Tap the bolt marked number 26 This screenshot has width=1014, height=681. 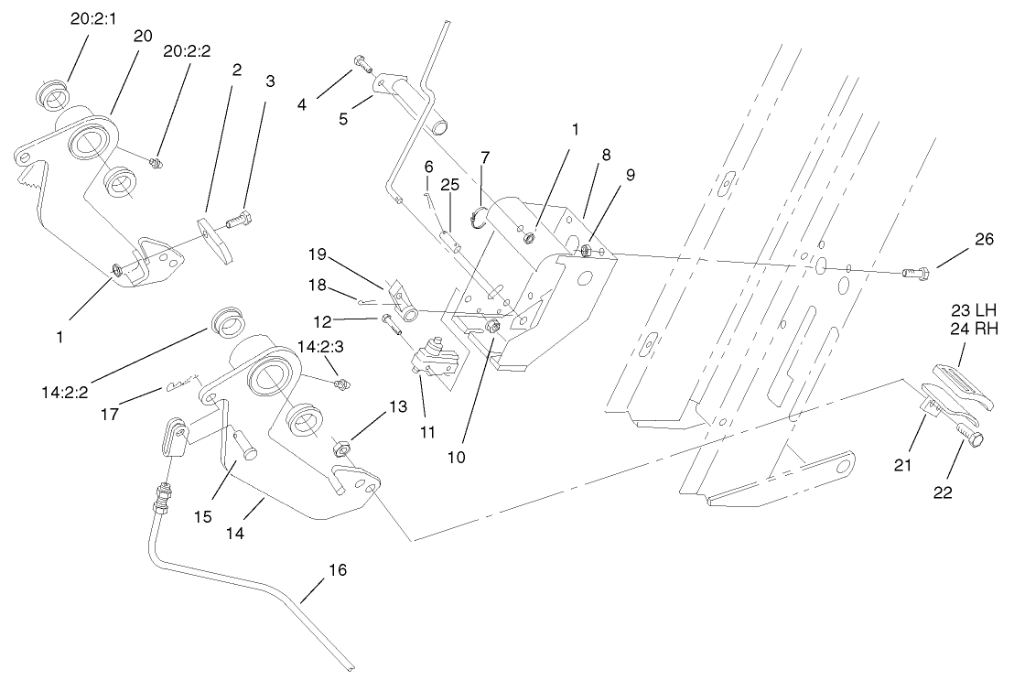(x=916, y=272)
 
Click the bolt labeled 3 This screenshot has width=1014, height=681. (x=238, y=221)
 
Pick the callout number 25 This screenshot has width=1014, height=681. (x=449, y=184)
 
